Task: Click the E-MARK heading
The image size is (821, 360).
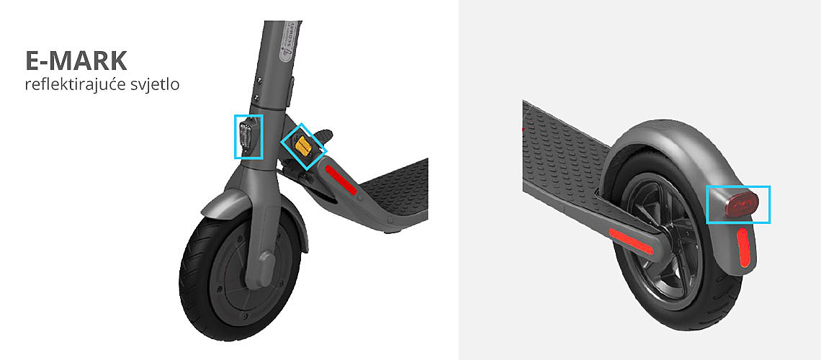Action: (x=76, y=61)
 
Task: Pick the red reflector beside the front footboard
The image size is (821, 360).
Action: (x=341, y=180)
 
